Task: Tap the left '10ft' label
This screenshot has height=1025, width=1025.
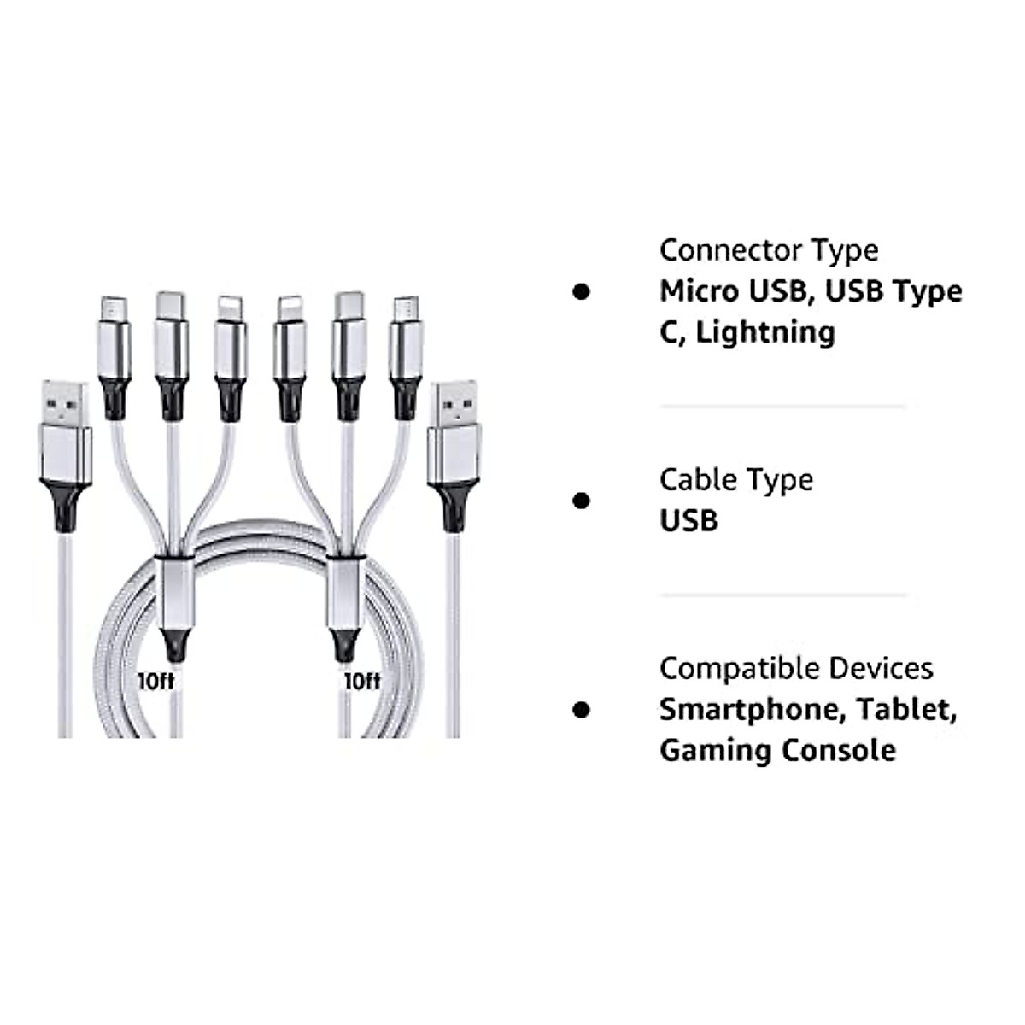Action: (x=156, y=681)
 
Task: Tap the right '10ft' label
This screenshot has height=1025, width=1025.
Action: (x=362, y=681)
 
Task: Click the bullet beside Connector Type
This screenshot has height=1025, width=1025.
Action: (x=582, y=291)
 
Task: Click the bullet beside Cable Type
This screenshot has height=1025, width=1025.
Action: (x=582, y=501)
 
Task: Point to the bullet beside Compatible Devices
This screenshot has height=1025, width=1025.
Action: (x=582, y=709)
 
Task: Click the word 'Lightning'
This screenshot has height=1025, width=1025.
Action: (x=765, y=332)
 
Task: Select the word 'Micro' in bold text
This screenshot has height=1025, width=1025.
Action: (x=699, y=291)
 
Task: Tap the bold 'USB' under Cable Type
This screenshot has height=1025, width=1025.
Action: (x=688, y=520)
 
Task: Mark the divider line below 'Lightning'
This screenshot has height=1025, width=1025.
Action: (x=782, y=407)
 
